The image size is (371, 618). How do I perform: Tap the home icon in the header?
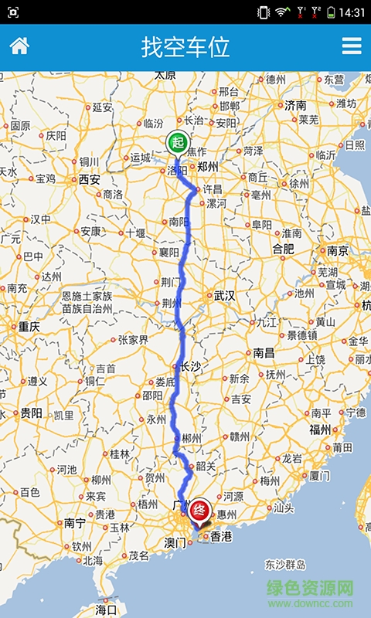point(19,46)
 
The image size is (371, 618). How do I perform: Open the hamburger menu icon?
point(352,46)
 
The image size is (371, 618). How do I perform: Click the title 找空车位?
point(185,46)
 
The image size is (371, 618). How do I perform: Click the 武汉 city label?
point(224,295)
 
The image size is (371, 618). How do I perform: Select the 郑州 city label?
point(208,166)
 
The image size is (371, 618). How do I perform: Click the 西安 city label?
point(90,179)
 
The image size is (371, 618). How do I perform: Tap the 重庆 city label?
point(29,326)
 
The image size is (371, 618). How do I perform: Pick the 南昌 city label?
point(264,352)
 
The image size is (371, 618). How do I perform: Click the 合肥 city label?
point(284,248)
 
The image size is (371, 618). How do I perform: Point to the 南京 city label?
point(338,250)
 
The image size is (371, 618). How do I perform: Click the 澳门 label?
point(176,542)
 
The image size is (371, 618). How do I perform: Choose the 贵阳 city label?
point(31,413)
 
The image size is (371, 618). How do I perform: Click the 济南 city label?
point(295,104)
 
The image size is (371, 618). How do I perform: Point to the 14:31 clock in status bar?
point(352,12)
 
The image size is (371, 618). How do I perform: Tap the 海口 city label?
point(106,610)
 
